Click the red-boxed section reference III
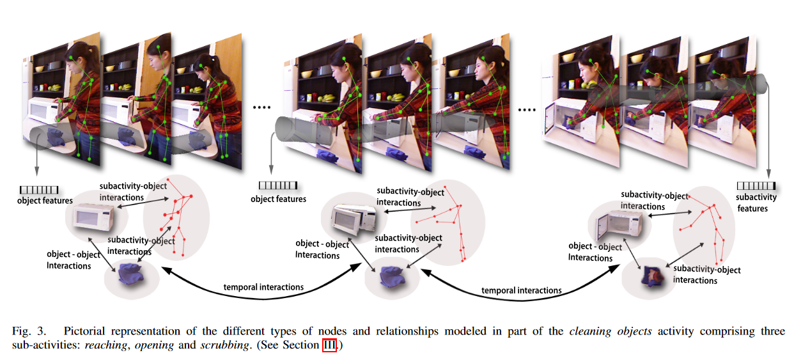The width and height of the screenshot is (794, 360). click(328, 345)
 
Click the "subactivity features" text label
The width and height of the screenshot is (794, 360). click(756, 203)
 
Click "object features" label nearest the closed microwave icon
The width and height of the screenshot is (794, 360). click(45, 201)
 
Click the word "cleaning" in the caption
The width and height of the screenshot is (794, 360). click(588, 331)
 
